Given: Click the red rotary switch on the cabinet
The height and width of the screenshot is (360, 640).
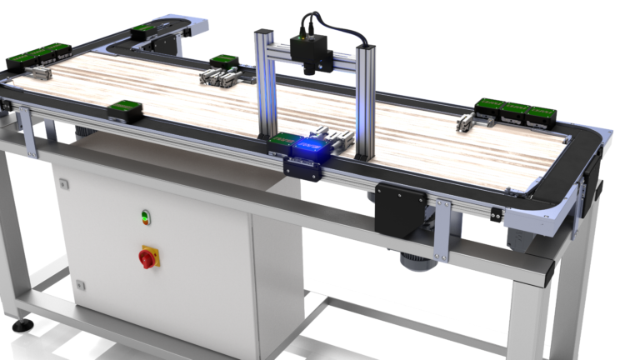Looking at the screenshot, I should coord(147,258).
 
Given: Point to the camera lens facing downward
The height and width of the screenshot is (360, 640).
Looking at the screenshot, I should coord(310,69).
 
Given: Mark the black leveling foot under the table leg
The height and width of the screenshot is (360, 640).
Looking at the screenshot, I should coord(22,323).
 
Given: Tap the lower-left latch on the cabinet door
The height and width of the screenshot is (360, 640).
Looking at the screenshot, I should coord(81,285).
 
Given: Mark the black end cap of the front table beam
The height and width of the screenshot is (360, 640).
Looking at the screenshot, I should coord(547,272).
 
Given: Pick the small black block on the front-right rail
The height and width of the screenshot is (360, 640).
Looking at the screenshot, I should coord(497,215).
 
